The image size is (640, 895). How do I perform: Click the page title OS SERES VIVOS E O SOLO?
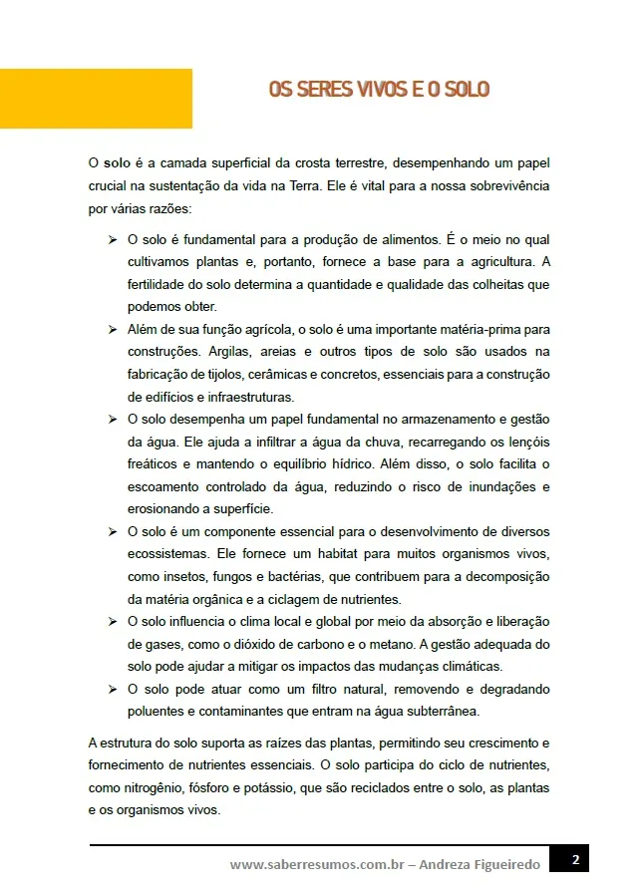pyautogui.click(x=378, y=90)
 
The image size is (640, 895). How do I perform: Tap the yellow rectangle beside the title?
pyautogui.click(x=96, y=98)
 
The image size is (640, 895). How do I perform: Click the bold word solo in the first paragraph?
pyautogui.click(x=118, y=162)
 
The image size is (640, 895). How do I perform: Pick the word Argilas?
pyautogui.click(x=231, y=352)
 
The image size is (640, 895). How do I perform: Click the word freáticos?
pyautogui.click(x=154, y=463)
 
